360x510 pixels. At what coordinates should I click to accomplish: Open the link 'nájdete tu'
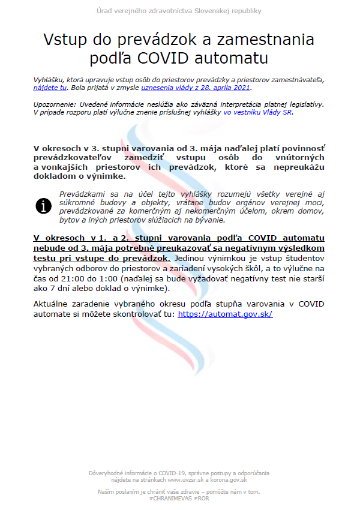point(50,87)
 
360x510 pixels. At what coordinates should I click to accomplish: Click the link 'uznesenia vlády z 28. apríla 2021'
point(195,87)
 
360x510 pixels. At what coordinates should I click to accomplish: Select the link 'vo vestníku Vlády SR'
point(259,112)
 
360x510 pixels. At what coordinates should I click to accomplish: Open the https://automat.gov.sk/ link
point(225,314)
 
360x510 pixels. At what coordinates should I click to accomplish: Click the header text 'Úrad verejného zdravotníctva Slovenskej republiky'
point(179,11)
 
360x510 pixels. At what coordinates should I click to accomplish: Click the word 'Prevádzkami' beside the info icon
point(83,194)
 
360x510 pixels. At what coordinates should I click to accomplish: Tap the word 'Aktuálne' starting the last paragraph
point(55,304)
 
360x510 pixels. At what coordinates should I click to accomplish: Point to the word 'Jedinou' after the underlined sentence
point(191,258)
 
